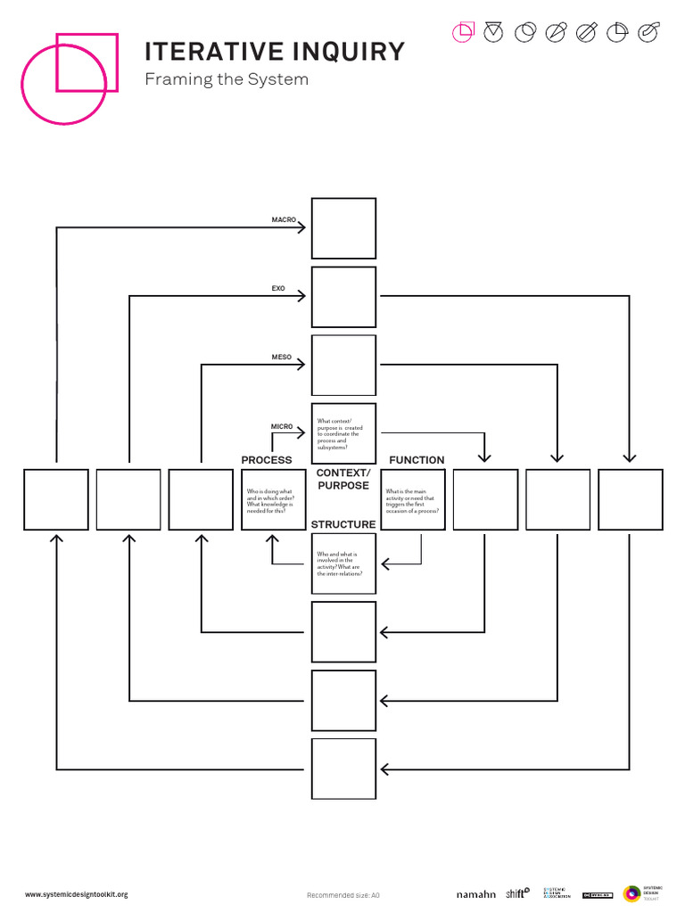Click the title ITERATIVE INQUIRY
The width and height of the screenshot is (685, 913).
click(275, 51)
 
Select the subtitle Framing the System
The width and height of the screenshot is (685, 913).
click(227, 79)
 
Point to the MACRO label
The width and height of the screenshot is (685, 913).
click(284, 219)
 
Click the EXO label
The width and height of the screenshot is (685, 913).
click(277, 289)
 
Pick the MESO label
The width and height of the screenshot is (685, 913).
click(281, 358)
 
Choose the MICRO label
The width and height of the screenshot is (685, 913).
click(282, 427)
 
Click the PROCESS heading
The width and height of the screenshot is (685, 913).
click(267, 460)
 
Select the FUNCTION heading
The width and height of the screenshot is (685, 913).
click(417, 460)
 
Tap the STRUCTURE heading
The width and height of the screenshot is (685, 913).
click(343, 524)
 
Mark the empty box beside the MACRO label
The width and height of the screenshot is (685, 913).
click(343, 228)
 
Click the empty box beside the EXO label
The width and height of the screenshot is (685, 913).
click(343, 297)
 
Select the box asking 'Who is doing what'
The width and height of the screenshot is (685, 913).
click(273, 499)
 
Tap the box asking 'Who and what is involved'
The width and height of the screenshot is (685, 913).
click(343, 564)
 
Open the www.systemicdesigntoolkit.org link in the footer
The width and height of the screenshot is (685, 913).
click(76, 894)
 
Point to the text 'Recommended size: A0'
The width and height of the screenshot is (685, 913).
click(343, 895)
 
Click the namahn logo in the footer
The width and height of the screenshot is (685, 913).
click(475, 894)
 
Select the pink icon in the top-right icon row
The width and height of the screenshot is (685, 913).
click(463, 33)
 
